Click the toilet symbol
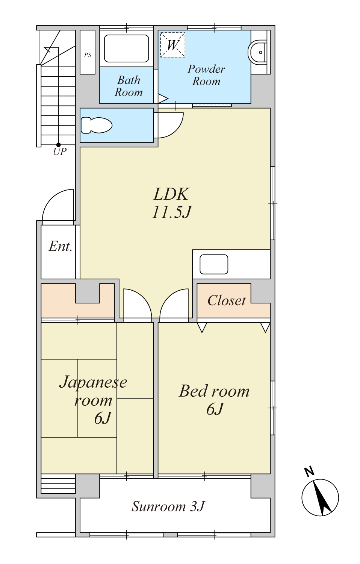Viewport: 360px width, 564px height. click(x=96, y=125)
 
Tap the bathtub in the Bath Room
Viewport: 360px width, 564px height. click(x=127, y=49)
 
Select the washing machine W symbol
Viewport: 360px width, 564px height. click(x=172, y=45)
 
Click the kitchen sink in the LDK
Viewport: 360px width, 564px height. click(x=214, y=264)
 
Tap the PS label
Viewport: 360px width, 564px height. click(x=88, y=55)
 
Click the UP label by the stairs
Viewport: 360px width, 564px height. click(x=60, y=151)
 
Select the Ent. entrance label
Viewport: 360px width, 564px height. click(x=61, y=246)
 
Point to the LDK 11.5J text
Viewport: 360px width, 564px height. click(x=172, y=203)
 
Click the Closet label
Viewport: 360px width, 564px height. click(x=227, y=300)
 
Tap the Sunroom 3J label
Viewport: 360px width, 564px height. click(x=168, y=506)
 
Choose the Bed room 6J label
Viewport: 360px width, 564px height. click(x=214, y=400)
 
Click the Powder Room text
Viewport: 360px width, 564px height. click(x=206, y=75)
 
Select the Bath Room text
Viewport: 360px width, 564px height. click(x=129, y=86)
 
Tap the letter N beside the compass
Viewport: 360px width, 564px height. click(x=309, y=472)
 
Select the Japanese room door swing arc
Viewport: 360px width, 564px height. click(x=144, y=298)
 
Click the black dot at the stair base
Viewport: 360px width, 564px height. click(x=58, y=145)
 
